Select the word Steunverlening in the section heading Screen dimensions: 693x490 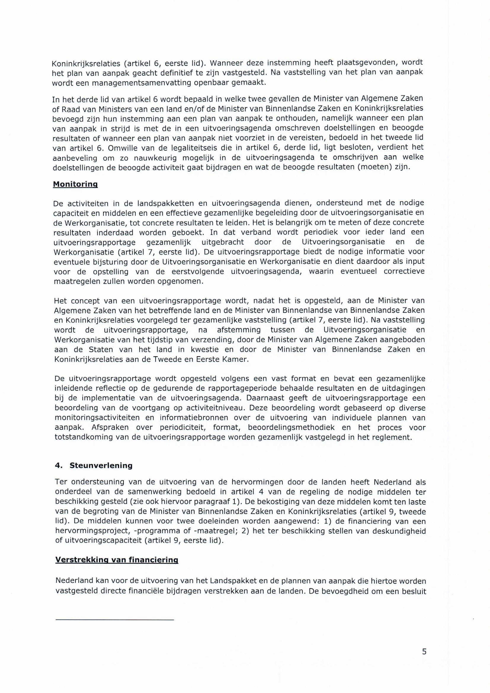pos(101,465)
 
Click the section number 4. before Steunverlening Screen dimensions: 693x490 pos(58,465)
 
